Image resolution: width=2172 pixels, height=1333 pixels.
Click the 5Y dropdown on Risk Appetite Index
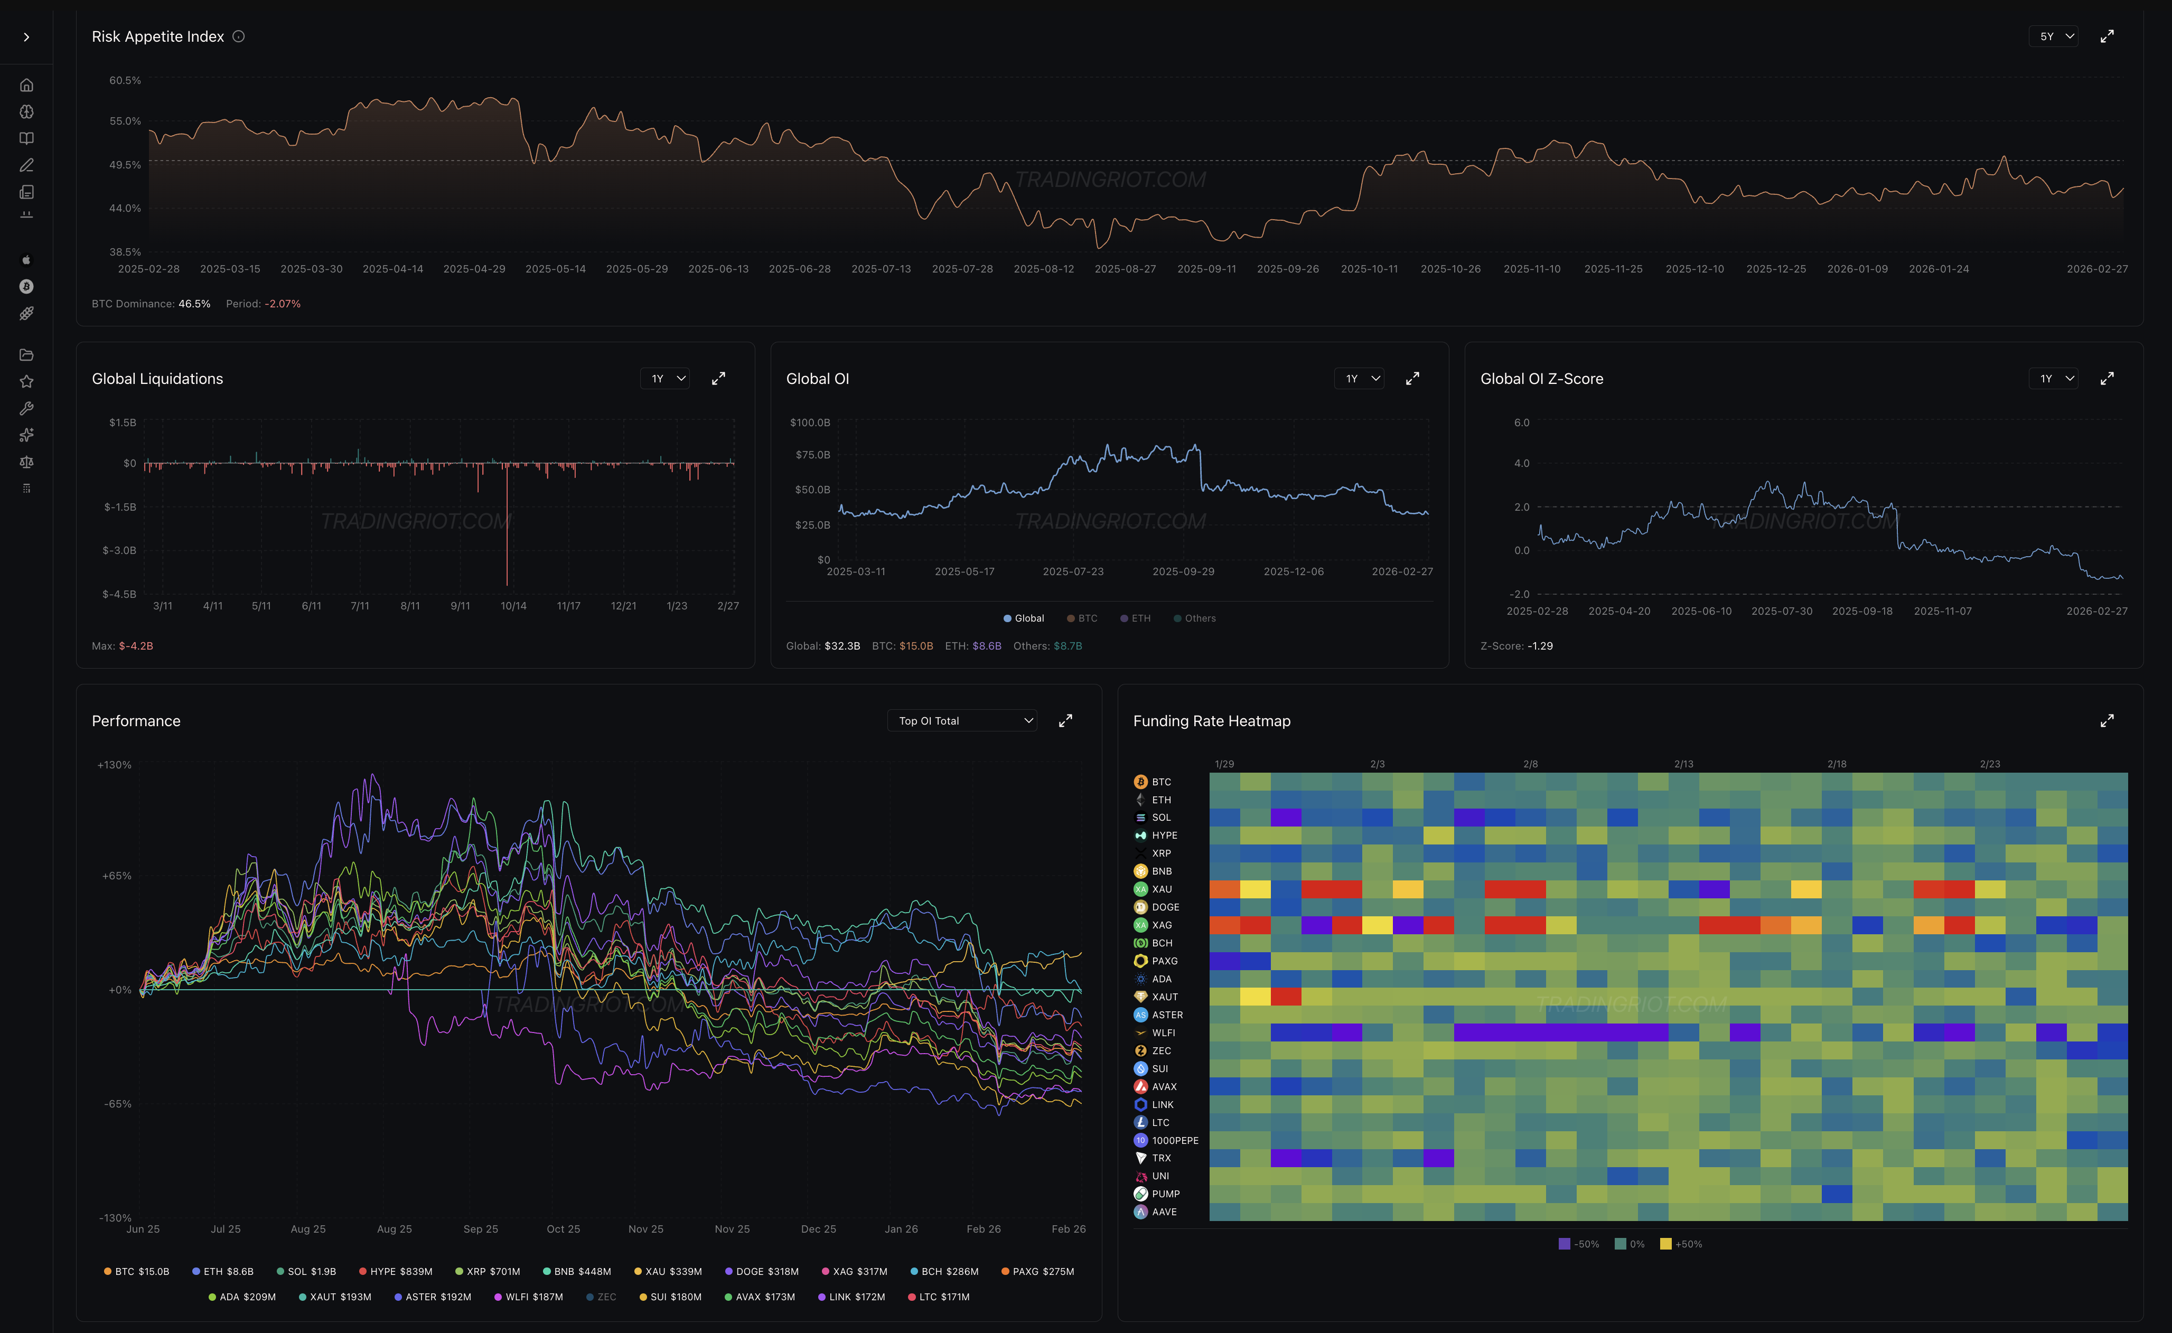(x=2053, y=36)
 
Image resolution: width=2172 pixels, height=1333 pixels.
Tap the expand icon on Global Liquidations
(x=718, y=378)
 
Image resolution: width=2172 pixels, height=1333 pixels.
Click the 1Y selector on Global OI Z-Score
(x=2053, y=378)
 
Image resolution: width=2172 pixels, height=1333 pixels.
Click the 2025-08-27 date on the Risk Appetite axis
(x=1125, y=269)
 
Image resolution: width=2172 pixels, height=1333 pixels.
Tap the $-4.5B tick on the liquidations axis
(x=119, y=594)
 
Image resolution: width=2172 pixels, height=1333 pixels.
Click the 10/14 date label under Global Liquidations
(x=513, y=606)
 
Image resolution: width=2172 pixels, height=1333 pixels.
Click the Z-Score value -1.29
(x=1540, y=646)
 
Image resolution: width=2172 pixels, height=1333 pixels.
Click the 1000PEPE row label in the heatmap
(x=1174, y=1140)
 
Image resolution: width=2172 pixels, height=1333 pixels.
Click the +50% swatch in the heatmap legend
(x=1665, y=1244)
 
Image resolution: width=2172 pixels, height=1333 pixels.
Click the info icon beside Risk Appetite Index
(x=238, y=36)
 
